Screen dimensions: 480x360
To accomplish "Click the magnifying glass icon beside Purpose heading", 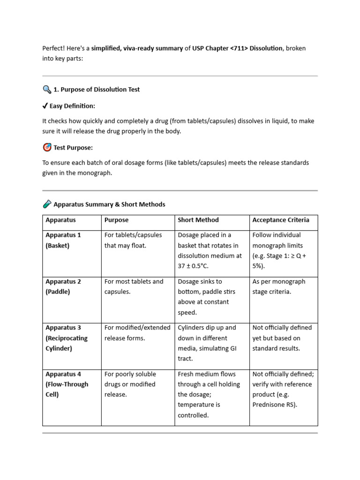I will coord(47,89).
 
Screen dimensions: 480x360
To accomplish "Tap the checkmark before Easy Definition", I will coord(45,106).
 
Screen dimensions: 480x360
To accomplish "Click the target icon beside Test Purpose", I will coord(47,148).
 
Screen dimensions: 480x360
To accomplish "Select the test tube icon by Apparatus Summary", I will coord(47,204).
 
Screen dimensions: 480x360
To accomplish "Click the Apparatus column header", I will coord(60,220).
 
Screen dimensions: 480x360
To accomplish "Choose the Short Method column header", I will coord(198,220).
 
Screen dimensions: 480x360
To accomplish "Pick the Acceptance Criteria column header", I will coord(280,220).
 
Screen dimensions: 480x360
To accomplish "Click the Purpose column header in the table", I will coord(116,220).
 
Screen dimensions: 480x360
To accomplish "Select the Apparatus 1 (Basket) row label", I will coord(63,240).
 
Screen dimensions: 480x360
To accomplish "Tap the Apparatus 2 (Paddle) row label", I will coord(63,286).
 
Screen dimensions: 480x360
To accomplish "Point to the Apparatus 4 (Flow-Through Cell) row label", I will coord(67,384).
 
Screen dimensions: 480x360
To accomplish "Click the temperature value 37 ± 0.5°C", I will coord(193,266).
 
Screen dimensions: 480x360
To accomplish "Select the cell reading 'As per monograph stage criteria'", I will coord(278,286).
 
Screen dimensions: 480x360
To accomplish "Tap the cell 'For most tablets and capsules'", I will coord(134,286).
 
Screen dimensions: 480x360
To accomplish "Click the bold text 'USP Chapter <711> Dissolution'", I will coord(237,48).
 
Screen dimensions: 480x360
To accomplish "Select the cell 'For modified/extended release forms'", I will coord(137,333).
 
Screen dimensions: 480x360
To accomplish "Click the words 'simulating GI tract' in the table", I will coord(206,353).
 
